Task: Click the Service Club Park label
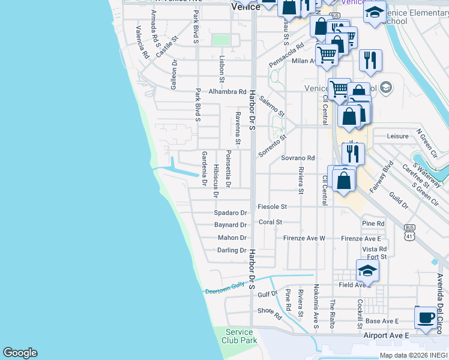coord(241,336)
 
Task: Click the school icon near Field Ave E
coord(367,271)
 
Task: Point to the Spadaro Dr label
coord(231,213)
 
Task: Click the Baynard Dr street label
coord(231,226)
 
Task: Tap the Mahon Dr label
coord(232,238)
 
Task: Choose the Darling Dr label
coord(232,250)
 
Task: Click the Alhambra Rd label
coord(228,92)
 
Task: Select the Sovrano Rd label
coord(298,158)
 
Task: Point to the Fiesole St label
coord(273,206)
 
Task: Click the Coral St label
coord(271,222)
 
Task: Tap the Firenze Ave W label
coord(304,238)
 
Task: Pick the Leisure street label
coord(398,137)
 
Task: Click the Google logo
coord(20,353)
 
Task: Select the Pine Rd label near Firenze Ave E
coord(373,224)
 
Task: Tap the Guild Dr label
coord(398,200)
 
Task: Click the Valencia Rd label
coord(142,42)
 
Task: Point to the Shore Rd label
coord(270,313)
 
